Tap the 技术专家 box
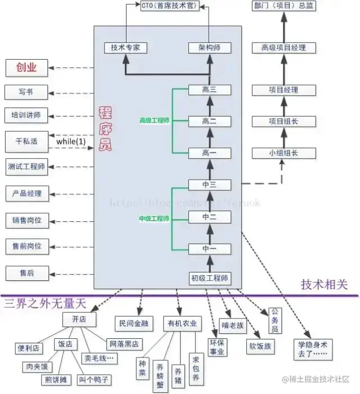(125, 48)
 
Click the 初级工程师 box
(209, 278)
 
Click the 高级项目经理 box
(283, 48)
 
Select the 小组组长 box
(283, 153)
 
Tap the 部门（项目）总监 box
(283, 6)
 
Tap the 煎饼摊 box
(56, 379)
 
